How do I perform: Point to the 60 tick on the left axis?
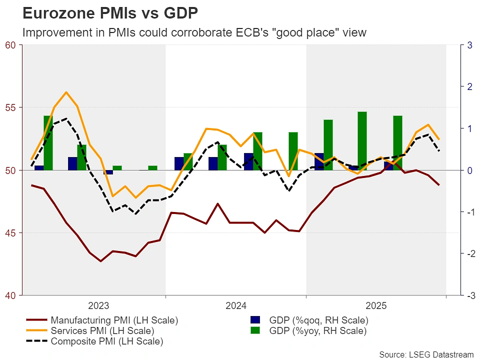pyautogui.click(x=10, y=45)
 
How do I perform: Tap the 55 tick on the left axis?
pyautogui.click(x=10, y=107)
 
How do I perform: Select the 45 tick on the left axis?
pyautogui.click(x=10, y=233)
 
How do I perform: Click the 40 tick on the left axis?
pyautogui.click(x=10, y=295)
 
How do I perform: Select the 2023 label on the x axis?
pyautogui.click(x=98, y=305)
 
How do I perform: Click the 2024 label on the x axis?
pyautogui.click(x=236, y=305)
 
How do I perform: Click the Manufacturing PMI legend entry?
pyautogui.click(x=114, y=320)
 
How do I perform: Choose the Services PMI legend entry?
pyautogui.click(x=102, y=331)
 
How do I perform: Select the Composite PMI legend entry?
pyautogui.click(x=107, y=342)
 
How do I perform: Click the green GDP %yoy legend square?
pyautogui.click(x=256, y=331)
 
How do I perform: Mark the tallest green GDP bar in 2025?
pyautogui.click(x=362, y=140)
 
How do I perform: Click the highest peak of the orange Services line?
pyautogui.click(x=66, y=92)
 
